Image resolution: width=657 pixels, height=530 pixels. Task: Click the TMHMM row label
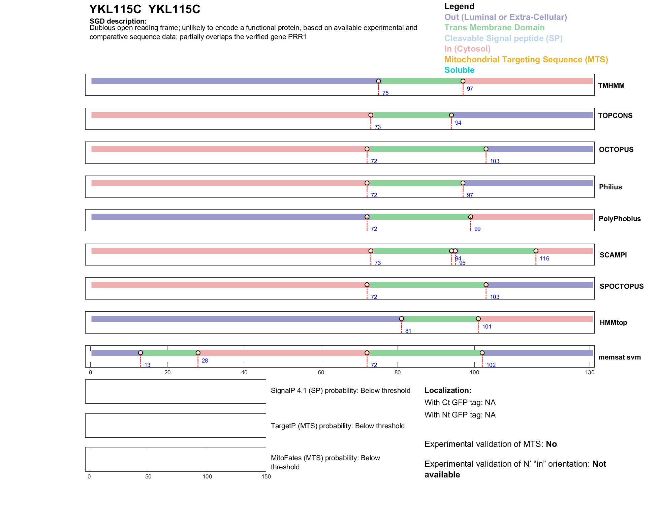click(x=611, y=86)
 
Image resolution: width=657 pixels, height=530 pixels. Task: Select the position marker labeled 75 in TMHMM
click(x=378, y=81)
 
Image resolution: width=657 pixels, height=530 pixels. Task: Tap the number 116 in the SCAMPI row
click(x=544, y=258)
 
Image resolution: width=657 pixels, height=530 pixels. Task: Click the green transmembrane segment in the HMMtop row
click(x=440, y=319)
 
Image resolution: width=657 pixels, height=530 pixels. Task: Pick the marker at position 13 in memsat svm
click(x=140, y=353)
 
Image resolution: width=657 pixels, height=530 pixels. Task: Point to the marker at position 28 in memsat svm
click(x=198, y=353)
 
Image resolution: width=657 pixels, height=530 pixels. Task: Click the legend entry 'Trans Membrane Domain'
click(x=494, y=28)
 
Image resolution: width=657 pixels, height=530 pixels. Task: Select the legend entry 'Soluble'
click(x=459, y=70)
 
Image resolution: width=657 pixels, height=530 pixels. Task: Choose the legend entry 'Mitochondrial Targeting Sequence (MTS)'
click(x=526, y=60)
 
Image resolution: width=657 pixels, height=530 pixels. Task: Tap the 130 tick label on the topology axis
click(x=590, y=372)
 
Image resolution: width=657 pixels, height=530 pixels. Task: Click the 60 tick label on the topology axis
click(x=321, y=372)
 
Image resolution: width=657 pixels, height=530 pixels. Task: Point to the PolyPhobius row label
click(x=619, y=219)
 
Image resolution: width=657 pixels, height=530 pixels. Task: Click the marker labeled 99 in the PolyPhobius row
click(x=470, y=217)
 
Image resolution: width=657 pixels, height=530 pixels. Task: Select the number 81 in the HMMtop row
click(x=408, y=331)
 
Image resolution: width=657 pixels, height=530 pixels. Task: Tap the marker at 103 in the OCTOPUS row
click(x=486, y=149)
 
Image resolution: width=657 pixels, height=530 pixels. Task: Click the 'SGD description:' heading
click(x=118, y=21)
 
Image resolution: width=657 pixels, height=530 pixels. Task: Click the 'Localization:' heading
click(x=447, y=390)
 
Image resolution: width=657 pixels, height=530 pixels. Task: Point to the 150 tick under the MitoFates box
click(x=266, y=476)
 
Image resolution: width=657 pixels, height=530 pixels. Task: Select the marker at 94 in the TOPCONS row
click(x=451, y=115)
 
